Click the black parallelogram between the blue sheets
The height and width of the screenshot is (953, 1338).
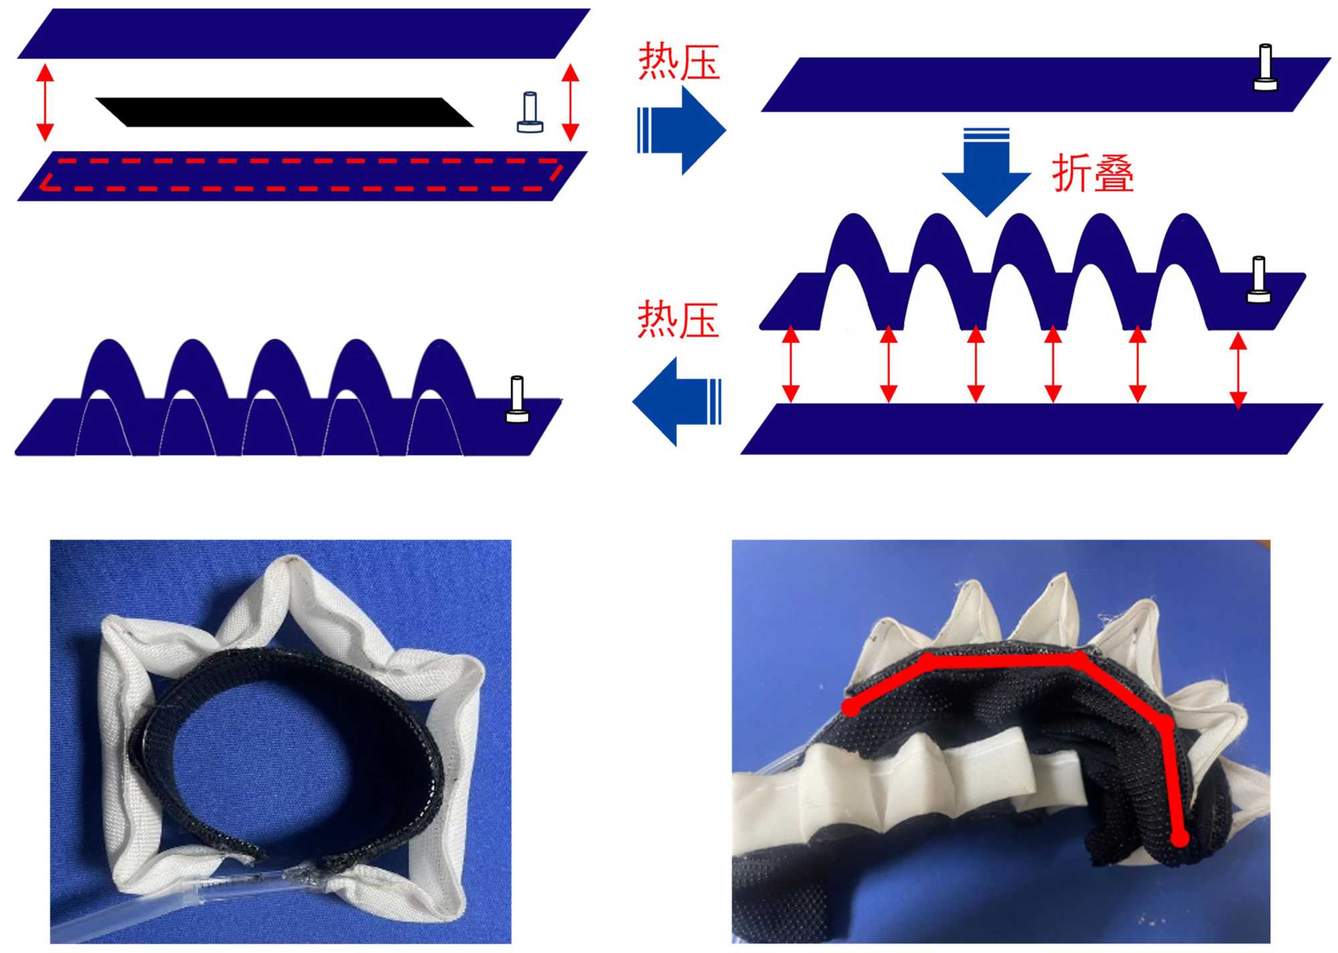pos(284,112)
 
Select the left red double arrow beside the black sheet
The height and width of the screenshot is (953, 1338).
pos(45,102)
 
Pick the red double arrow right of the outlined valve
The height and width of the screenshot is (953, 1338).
pos(570,102)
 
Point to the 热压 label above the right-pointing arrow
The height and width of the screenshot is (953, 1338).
pos(678,62)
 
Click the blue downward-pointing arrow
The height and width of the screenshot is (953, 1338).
pos(985,171)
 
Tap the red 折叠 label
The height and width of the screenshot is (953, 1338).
pos(1092,173)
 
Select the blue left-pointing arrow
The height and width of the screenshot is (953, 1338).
pos(677,402)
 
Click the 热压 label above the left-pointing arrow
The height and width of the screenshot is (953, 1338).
pos(678,320)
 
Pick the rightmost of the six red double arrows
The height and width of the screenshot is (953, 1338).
pos(1238,370)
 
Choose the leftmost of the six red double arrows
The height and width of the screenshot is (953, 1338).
pos(791,363)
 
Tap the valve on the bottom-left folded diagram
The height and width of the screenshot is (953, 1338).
pos(517,400)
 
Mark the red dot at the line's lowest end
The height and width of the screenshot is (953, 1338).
pos(1180,838)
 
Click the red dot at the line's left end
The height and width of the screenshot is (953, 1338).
pos(850,707)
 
